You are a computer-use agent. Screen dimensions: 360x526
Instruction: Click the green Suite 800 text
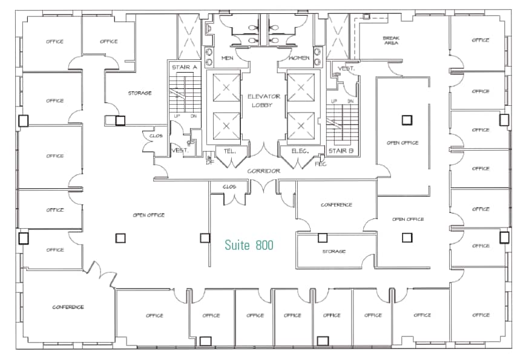(x=249, y=245)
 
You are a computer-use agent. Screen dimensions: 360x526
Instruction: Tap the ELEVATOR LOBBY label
(x=263, y=100)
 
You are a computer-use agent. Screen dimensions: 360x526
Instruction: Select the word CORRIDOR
(x=263, y=171)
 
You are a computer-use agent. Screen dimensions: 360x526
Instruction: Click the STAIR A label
(x=183, y=67)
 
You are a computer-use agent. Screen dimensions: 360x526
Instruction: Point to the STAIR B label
(x=341, y=151)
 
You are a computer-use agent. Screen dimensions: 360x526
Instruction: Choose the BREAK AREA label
(x=391, y=41)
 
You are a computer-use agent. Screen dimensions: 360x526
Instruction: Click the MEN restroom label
(x=228, y=58)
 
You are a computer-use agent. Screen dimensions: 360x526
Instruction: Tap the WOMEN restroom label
(x=299, y=58)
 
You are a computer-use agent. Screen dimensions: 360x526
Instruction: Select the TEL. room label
(x=230, y=151)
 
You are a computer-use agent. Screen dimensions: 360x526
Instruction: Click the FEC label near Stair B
(x=321, y=164)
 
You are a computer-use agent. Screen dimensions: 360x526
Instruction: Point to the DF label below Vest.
(x=210, y=162)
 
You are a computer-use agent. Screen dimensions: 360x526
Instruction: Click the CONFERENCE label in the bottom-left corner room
(x=68, y=307)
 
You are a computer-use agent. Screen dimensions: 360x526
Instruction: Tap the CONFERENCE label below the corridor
(x=336, y=205)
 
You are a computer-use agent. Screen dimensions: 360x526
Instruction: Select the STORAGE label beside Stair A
(x=139, y=93)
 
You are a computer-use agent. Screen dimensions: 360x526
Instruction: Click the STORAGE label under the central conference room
(x=334, y=251)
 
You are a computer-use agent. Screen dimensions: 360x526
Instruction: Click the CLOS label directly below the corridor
(x=229, y=187)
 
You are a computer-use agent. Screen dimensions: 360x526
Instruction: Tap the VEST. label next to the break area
(x=346, y=69)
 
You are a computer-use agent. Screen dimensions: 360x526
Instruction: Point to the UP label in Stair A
(x=177, y=116)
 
